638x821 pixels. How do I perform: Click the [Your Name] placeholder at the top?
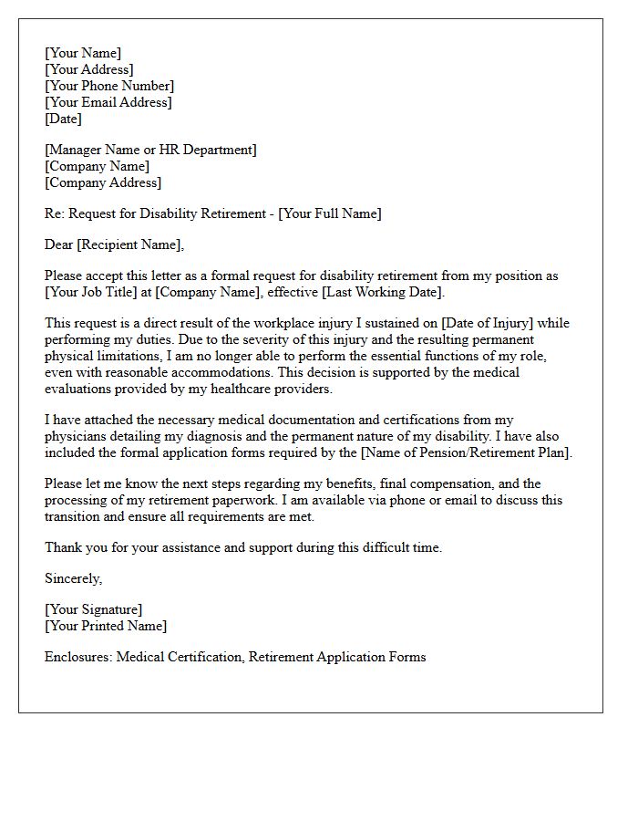click(x=83, y=53)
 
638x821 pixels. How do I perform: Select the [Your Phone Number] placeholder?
click(x=109, y=86)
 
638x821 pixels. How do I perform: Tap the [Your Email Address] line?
click(x=108, y=102)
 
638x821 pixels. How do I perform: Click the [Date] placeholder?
click(x=63, y=119)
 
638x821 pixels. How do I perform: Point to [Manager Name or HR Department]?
click(x=150, y=150)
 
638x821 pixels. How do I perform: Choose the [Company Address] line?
click(x=103, y=182)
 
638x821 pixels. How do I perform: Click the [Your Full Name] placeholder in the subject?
click(x=330, y=213)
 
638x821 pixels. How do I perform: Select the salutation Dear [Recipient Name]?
click(x=114, y=244)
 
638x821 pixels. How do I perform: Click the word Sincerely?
click(x=73, y=578)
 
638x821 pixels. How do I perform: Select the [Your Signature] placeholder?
click(x=93, y=609)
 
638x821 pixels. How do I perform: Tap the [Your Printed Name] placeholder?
click(x=106, y=626)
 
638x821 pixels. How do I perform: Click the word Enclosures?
click(x=78, y=657)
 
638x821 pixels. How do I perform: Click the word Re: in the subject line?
click(x=55, y=213)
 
